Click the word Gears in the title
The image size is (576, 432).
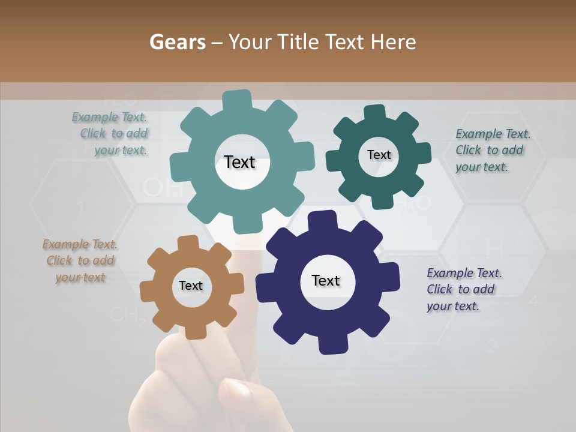(x=178, y=42)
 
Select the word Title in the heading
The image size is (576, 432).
(x=298, y=42)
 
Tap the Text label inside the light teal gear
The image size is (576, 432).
(x=239, y=162)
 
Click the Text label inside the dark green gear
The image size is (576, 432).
(x=379, y=155)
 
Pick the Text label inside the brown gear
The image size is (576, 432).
(x=191, y=286)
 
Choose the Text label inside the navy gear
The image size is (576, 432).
(x=326, y=280)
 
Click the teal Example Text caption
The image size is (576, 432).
(x=110, y=134)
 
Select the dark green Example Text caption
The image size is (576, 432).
(x=492, y=150)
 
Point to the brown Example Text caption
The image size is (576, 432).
(x=80, y=261)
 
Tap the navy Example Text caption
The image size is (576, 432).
(x=463, y=289)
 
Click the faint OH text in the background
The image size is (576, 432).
(x=163, y=188)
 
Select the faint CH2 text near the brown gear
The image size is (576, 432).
(x=127, y=315)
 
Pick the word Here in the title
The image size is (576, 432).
(x=394, y=42)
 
